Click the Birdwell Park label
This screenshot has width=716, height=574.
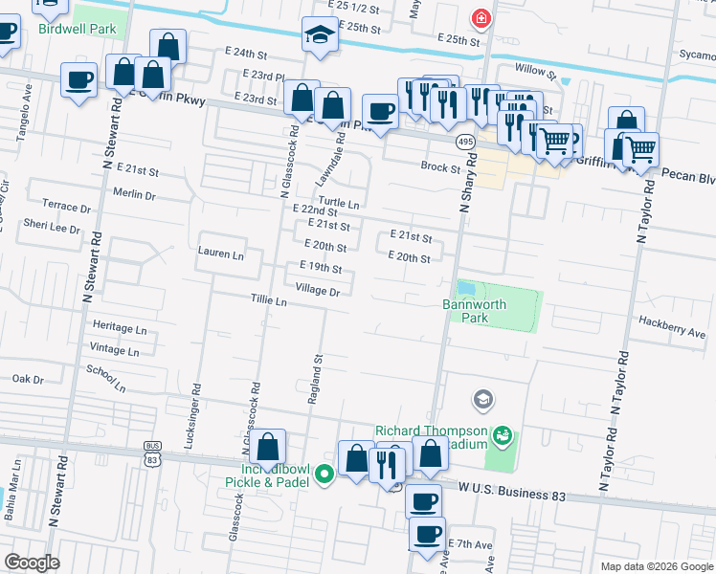tap(78, 30)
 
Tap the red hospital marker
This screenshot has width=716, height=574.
tap(480, 18)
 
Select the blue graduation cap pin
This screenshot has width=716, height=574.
tap(315, 35)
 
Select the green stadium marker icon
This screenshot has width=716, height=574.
tap(502, 437)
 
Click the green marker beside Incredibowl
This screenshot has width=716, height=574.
tap(324, 472)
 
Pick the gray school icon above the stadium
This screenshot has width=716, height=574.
tap(483, 398)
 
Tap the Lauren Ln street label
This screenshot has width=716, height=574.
tap(220, 254)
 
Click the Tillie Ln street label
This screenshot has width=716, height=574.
tap(269, 301)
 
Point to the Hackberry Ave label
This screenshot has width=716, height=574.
tap(672, 334)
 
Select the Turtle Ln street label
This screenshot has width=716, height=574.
tap(339, 204)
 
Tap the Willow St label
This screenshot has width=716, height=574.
tap(535, 71)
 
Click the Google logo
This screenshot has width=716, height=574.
tap(33, 563)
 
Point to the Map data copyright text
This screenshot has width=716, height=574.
tap(655, 566)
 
